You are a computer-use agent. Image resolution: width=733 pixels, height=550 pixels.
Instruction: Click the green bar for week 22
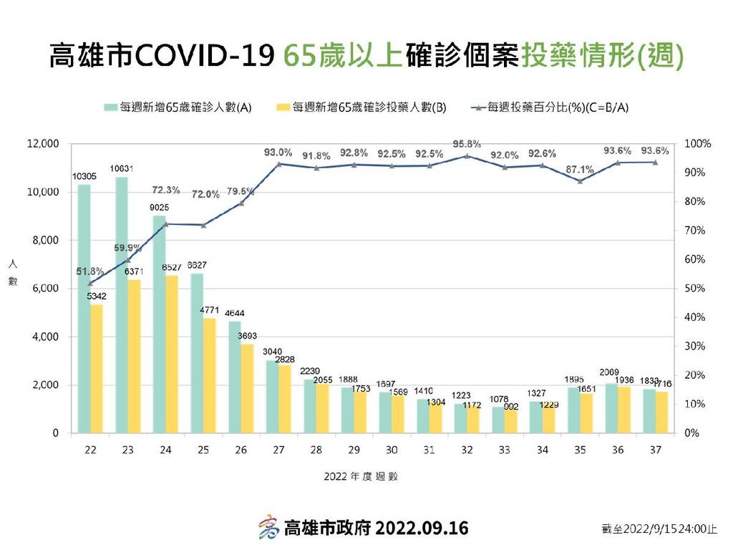pyautogui.click(x=84, y=309)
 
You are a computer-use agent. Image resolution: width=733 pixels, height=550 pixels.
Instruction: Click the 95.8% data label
pyautogui.click(x=467, y=144)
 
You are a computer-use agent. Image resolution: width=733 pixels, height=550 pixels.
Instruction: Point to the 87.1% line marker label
pyautogui.click(x=579, y=170)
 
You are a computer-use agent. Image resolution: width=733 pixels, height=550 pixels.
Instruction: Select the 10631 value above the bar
pyautogui.click(x=122, y=169)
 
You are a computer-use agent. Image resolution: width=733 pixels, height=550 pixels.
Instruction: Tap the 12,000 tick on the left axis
pyautogui.click(x=42, y=144)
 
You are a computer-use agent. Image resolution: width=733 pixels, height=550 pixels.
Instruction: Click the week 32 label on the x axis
pyautogui.click(x=467, y=449)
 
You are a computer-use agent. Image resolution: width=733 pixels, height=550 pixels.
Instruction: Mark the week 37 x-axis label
pyautogui.click(x=655, y=449)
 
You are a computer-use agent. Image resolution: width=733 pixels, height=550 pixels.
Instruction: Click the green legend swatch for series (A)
pyautogui.click(x=110, y=107)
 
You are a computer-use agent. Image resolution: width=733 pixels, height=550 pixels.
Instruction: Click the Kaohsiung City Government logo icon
pyautogui.click(x=268, y=528)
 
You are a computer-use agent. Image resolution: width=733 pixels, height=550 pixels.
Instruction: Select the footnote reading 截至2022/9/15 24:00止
pyautogui.click(x=659, y=529)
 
